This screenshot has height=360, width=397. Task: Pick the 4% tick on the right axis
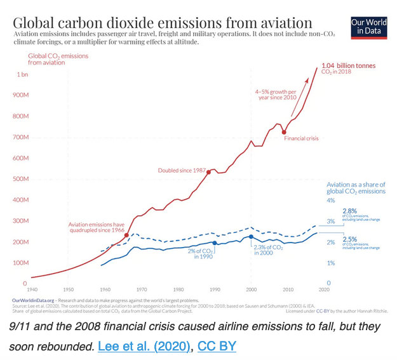pyautogui.click(x=330, y=200)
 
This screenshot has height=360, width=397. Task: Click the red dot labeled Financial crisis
pyautogui.click(x=284, y=132)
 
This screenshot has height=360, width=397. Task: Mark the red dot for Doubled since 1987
pyautogui.click(x=208, y=171)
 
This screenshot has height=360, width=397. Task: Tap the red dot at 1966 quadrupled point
pyautogui.click(x=127, y=235)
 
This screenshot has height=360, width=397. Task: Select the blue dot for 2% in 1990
pyautogui.click(x=215, y=243)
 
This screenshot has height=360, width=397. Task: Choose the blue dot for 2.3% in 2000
pyautogui.click(x=252, y=237)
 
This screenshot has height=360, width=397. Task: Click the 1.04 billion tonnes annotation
pyautogui.click(x=348, y=65)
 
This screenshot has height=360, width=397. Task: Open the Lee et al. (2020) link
pyautogui.click(x=144, y=349)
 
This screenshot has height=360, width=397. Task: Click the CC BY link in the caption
pyautogui.click(x=217, y=349)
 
